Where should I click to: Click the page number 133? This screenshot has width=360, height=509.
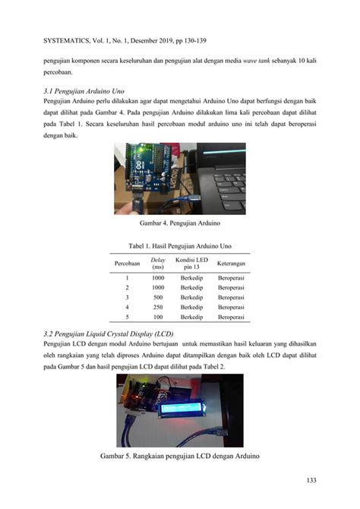[x=311, y=479]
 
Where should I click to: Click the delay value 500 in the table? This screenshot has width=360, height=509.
[x=158, y=298]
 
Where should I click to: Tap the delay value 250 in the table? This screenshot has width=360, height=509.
[x=158, y=307]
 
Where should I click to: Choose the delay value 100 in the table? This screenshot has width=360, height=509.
[x=158, y=316]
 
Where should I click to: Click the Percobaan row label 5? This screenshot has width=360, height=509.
[x=126, y=316]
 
